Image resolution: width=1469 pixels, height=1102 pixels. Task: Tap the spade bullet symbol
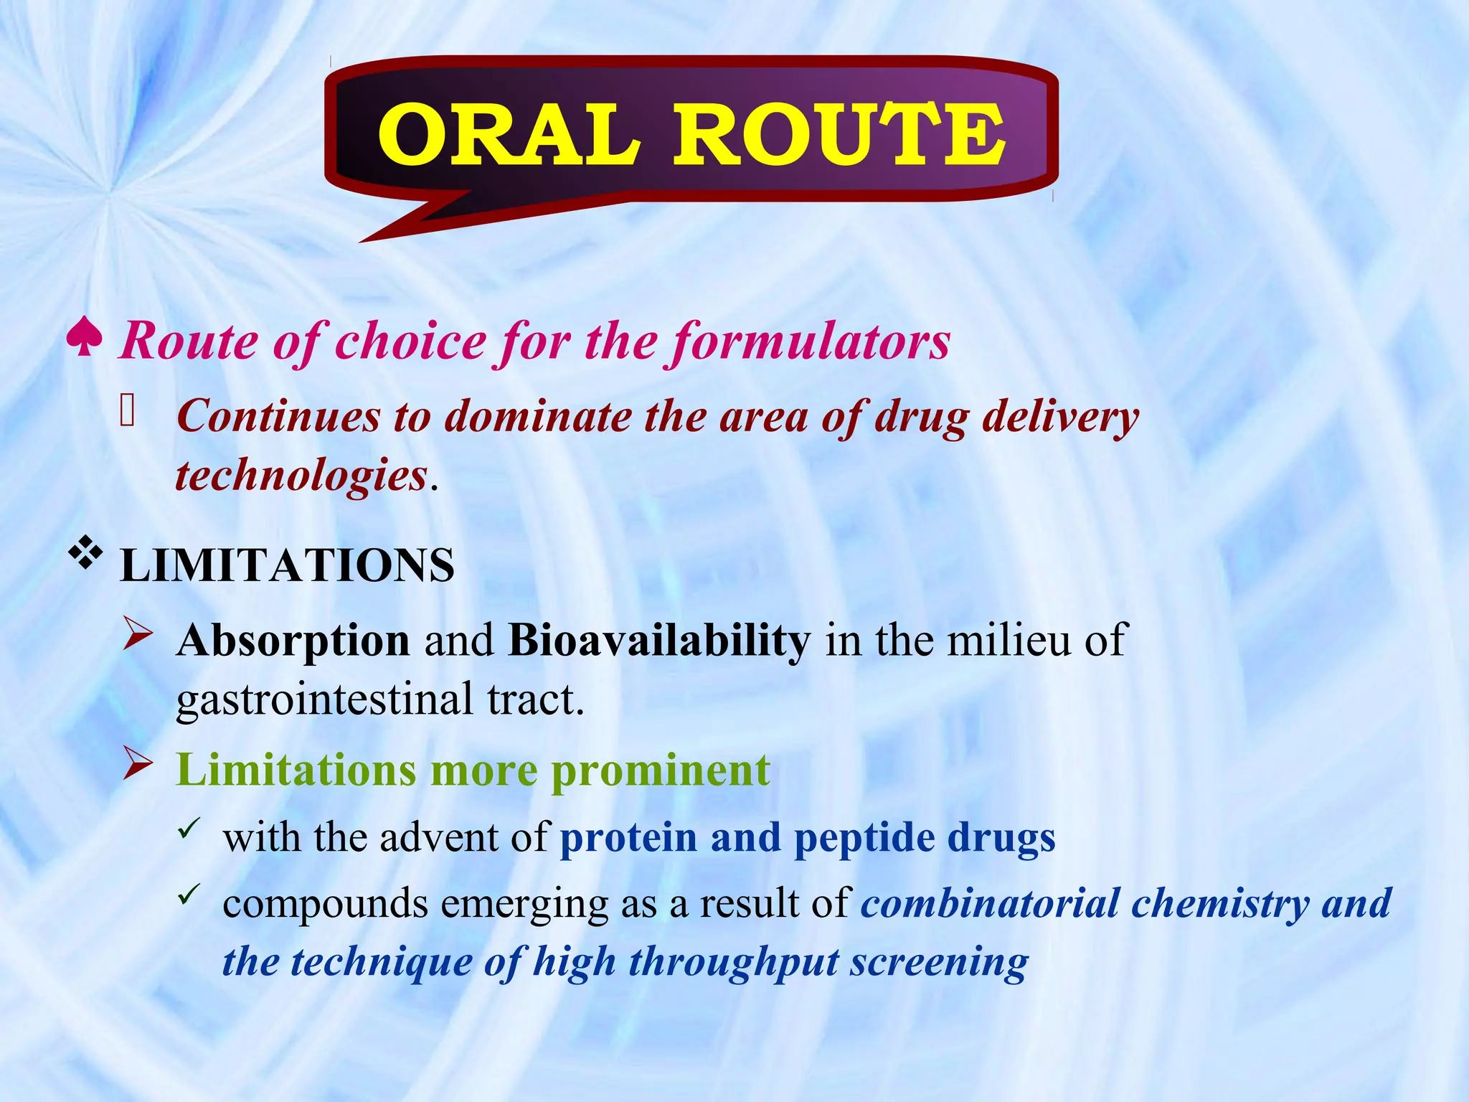click(x=84, y=338)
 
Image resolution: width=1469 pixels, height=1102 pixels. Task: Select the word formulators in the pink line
click(x=811, y=341)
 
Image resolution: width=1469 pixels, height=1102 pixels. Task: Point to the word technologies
click(x=301, y=476)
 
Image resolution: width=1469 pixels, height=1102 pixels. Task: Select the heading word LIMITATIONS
click(x=287, y=565)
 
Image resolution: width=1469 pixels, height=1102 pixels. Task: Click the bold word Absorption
click(x=293, y=640)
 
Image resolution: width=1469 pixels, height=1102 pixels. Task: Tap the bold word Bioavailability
click(x=659, y=640)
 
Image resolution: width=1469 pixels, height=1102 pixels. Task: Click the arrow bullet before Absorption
click(x=137, y=633)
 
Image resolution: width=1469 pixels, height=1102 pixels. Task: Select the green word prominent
click(x=661, y=771)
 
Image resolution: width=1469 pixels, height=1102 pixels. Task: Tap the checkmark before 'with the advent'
click(x=188, y=829)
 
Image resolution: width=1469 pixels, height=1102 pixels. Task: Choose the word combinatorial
click(x=990, y=903)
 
